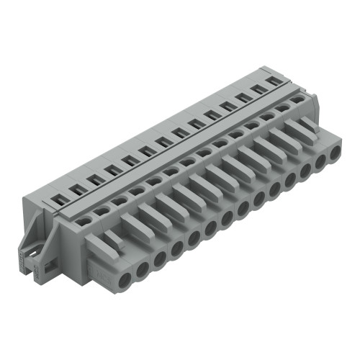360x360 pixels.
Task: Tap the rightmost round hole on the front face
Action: click(x=335, y=153)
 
